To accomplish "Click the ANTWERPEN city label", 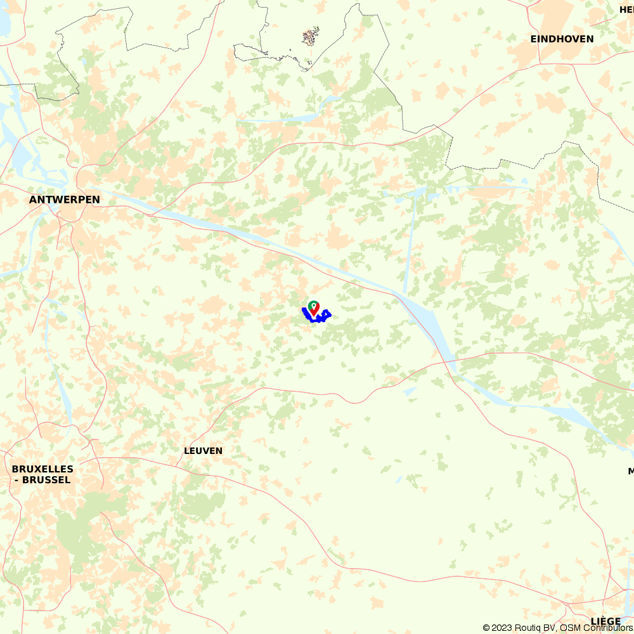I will [65, 200].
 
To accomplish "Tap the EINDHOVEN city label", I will [562, 39].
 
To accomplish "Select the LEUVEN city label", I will [203, 451].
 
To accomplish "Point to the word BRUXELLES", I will [42, 469].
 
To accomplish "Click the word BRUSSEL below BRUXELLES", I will [46, 480].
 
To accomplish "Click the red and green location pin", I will [313, 309].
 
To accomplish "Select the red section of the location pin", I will [313, 311].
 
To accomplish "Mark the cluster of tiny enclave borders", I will [311, 37].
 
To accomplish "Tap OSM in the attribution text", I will [569, 628].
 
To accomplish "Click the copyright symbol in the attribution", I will [486, 628].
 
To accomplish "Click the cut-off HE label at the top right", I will [626, 10].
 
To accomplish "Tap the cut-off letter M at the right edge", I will [631, 471].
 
